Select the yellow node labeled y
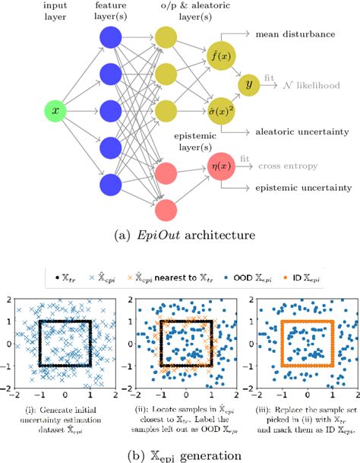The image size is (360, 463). click(247, 84)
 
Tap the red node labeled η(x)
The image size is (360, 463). click(219, 163)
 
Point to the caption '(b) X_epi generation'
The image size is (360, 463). click(179, 454)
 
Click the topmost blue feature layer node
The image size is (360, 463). click(111, 39)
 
